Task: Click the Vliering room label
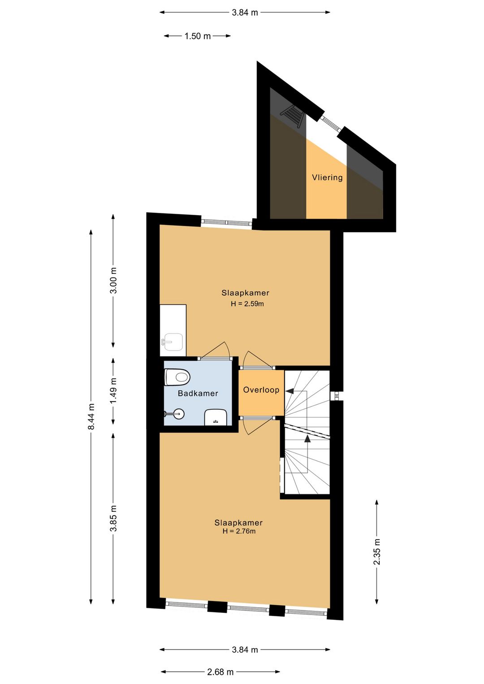pyautogui.click(x=327, y=177)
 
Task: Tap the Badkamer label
pyautogui.click(x=198, y=393)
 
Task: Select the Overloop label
pyautogui.click(x=261, y=390)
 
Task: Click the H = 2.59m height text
pyautogui.click(x=247, y=304)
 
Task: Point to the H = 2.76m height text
pyautogui.click(x=239, y=531)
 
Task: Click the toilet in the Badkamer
pyautogui.click(x=177, y=377)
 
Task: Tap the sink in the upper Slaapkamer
pyautogui.click(x=173, y=342)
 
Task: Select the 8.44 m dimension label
pyautogui.click(x=91, y=416)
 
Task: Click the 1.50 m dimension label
pyautogui.click(x=198, y=36)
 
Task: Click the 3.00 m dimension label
pyautogui.click(x=113, y=280)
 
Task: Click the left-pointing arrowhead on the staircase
pyautogui.click(x=289, y=390)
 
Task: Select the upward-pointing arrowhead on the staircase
pyautogui.click(x=307, y=438)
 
